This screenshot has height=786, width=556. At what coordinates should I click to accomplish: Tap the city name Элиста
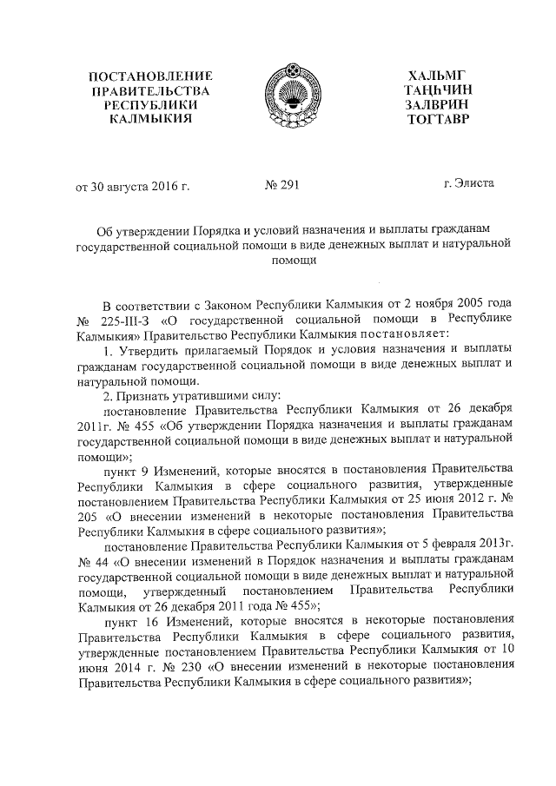pos(475,184)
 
